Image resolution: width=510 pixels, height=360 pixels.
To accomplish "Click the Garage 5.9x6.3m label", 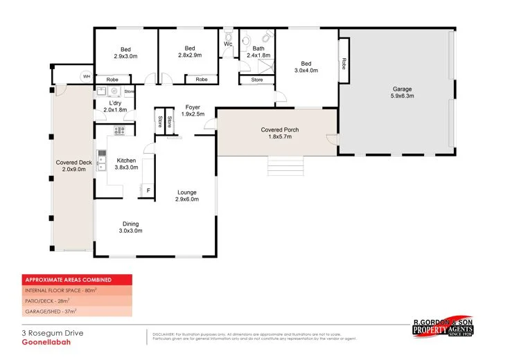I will [403, 93].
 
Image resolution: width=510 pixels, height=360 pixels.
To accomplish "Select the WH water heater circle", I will [87, 76].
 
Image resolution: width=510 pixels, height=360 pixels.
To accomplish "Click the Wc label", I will [228, 44].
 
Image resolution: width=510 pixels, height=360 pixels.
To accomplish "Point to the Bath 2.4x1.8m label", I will [258, 52].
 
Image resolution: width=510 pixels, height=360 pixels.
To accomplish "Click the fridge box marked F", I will [148, 189].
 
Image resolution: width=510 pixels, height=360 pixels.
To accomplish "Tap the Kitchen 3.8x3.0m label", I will [126, 164].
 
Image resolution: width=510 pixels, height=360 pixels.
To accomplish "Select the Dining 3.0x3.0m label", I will [131, 227].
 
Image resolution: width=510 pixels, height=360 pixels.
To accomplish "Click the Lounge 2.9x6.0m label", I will [186, 196].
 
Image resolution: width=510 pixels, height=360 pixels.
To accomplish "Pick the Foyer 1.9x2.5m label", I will [193, 111].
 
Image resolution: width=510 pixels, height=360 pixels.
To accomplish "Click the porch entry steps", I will [285, 166].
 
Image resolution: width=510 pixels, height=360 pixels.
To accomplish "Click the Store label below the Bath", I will [257, 80].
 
